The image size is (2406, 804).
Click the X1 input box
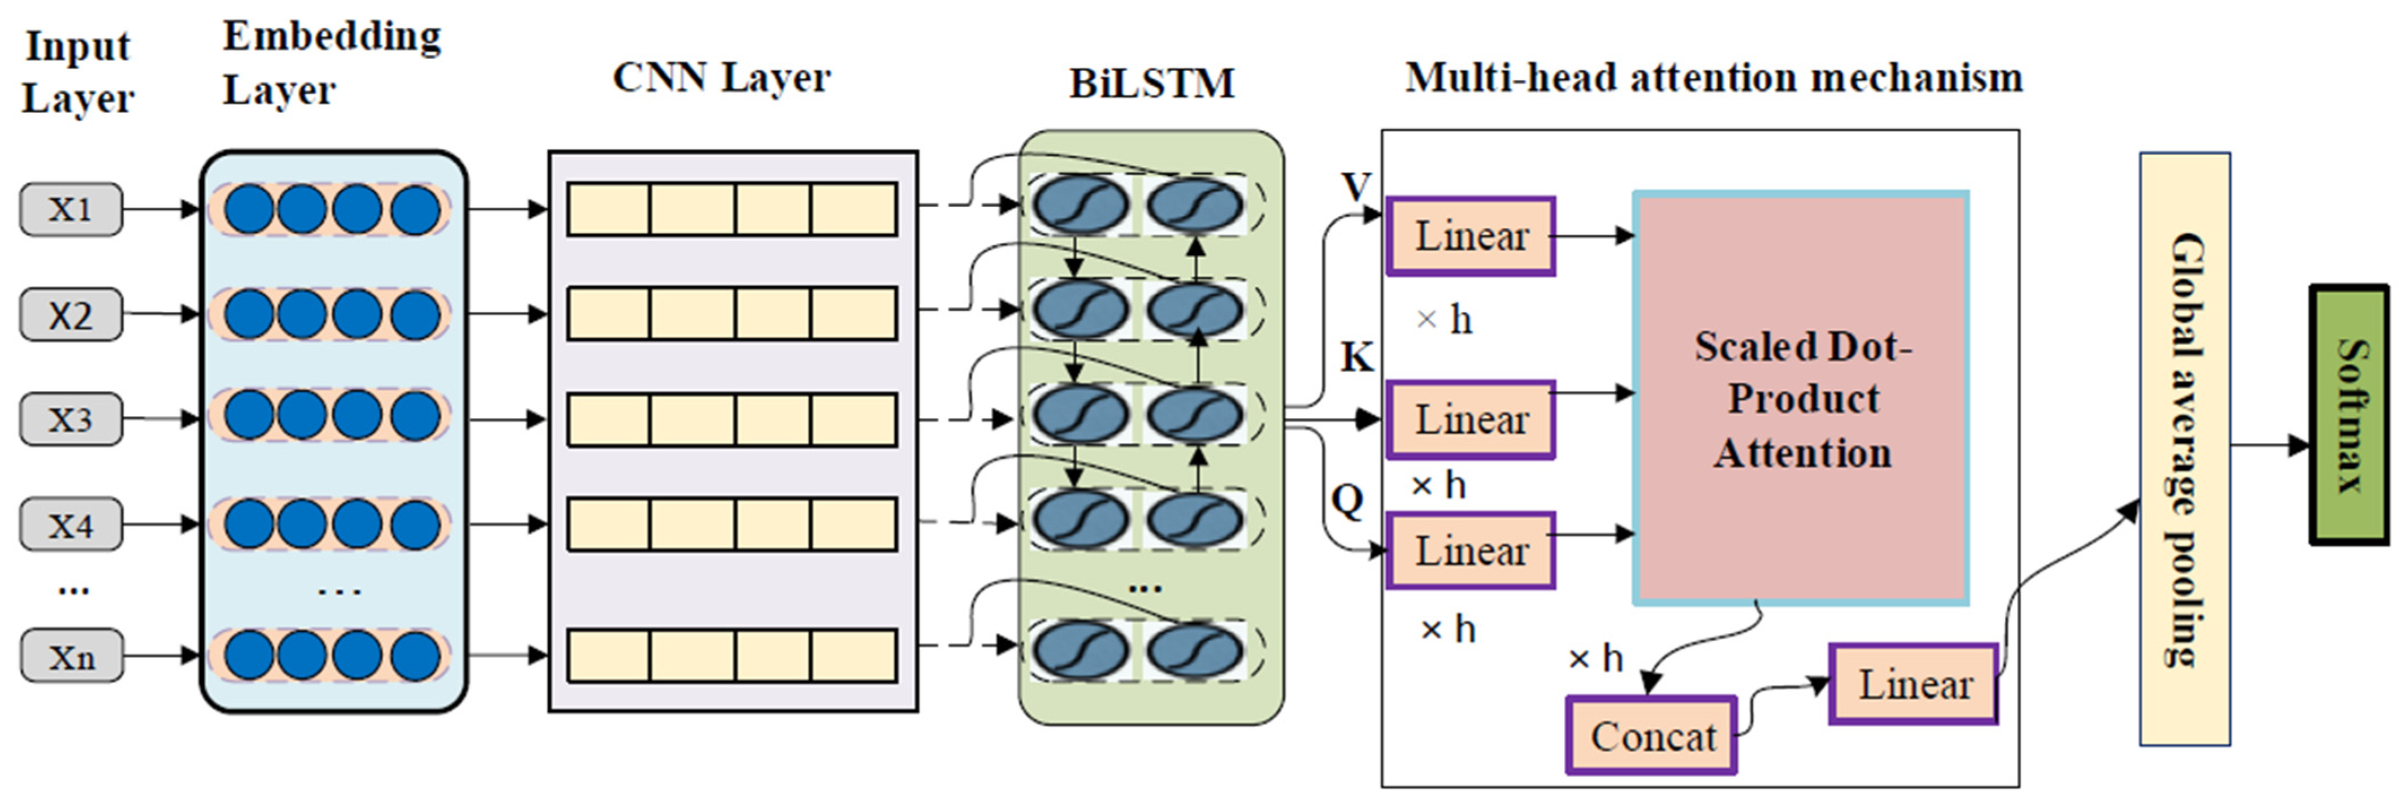[71, 209]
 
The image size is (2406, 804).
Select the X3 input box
[71, 419]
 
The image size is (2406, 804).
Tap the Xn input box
[71, 655]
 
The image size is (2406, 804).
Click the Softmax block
[2348, 415]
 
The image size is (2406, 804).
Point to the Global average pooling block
[2184, 449]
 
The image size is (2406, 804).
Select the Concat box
[1651, 736]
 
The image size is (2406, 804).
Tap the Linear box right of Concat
[1913, 684]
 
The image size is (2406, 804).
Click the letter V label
[1355, 188]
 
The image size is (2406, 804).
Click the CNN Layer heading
[721, 77]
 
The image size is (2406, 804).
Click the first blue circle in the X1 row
[249, 209]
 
